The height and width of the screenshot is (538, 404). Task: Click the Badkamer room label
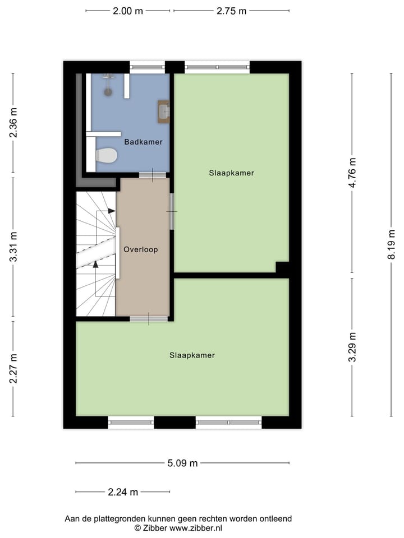coord(144,142)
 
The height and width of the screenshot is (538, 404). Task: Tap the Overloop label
coord(141,249)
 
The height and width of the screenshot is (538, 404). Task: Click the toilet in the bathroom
coord(105,156)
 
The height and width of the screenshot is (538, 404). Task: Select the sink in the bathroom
coord(163,110)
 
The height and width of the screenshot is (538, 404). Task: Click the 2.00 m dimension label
coord(128,11)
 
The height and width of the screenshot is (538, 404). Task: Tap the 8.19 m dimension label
coord(391,244)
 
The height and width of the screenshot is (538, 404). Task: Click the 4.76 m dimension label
coord(352,174)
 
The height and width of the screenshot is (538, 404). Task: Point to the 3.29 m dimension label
coord(352,347)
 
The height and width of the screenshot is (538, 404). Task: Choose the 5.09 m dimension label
coord(183,463)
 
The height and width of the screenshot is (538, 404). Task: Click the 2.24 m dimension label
coord(123,492)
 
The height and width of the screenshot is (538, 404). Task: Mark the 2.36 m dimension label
coord(13,122)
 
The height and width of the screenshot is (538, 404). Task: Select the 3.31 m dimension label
coord(13,248)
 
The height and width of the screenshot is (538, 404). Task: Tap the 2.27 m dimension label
coord(13,368)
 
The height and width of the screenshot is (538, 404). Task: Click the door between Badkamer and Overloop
coord(149,175)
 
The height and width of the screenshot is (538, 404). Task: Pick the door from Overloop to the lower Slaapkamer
coord(149,319)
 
